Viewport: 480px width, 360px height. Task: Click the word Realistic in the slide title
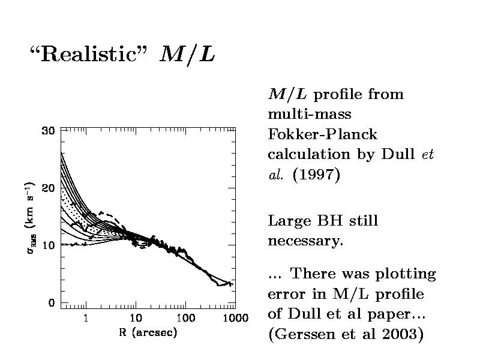click(91, 55)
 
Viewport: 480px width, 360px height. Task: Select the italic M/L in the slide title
click(187, 55)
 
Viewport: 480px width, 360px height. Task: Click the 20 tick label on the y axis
click(48, 188)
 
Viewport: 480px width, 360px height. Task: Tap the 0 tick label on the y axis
click(52, 303)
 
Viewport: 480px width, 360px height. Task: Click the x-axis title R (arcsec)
click(148, 332)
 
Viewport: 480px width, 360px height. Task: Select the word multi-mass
click(310, 113)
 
